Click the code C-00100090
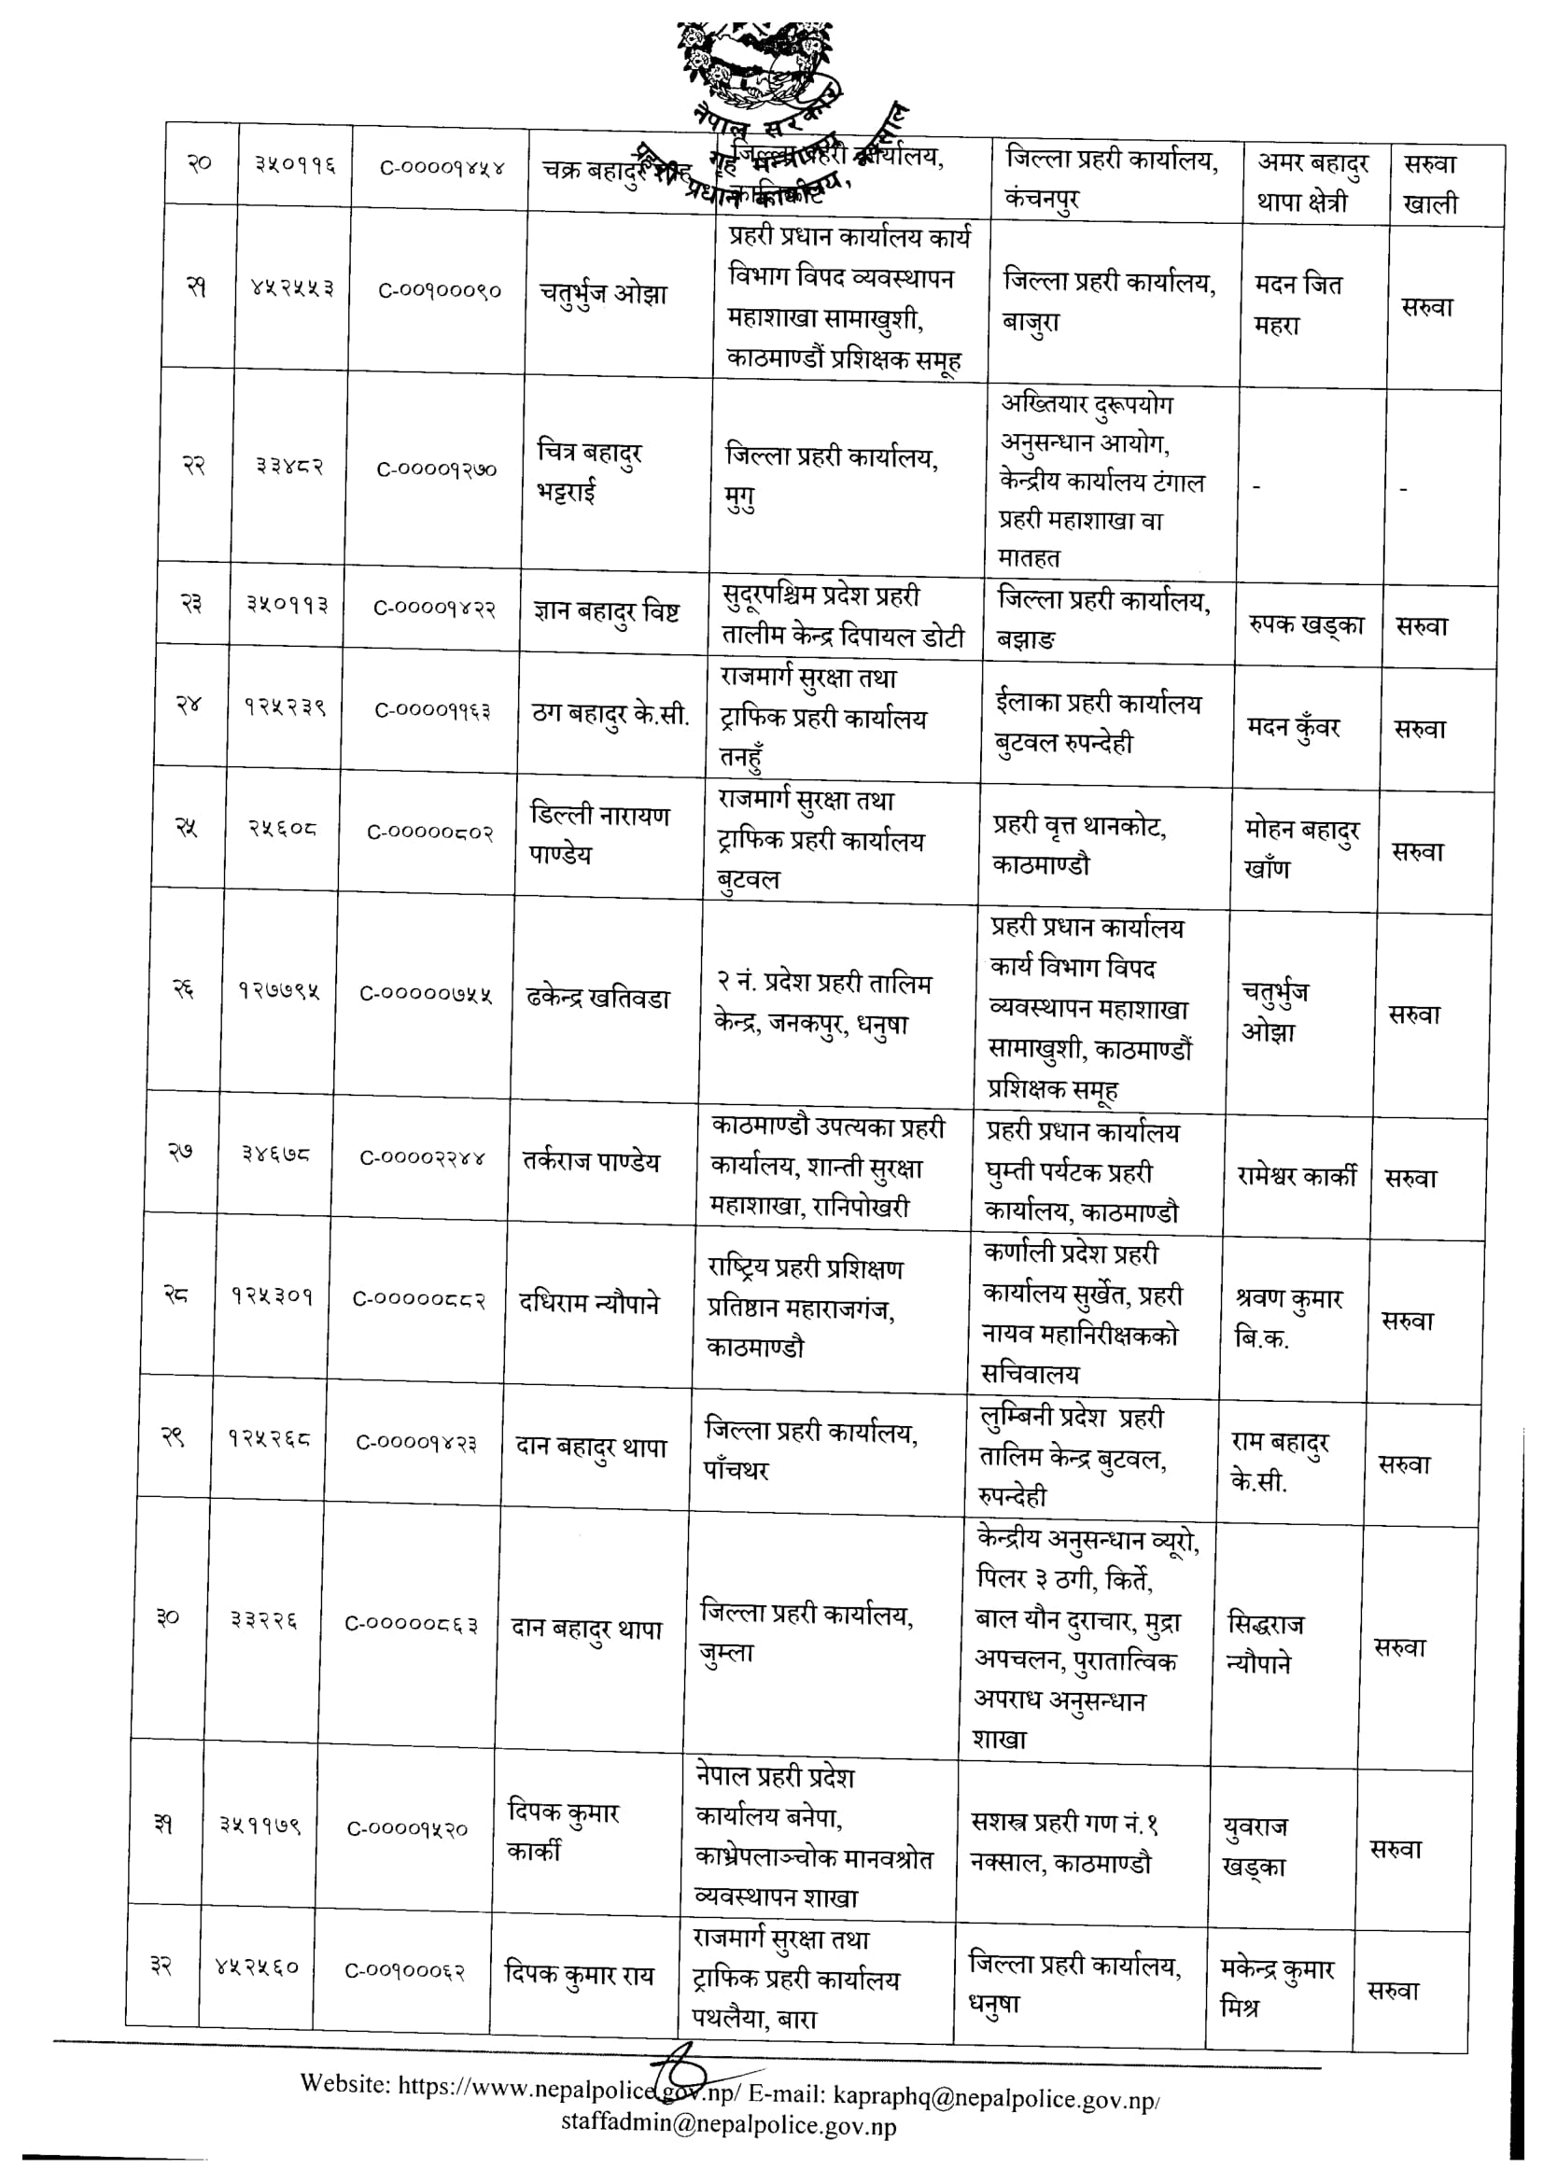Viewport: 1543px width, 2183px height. pyautogui.click(x=440, y=291)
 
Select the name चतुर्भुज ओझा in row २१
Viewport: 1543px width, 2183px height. pyautogui.click(x=604, y=293)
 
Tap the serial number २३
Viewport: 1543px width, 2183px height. pyautogui.click(x=191, y=604)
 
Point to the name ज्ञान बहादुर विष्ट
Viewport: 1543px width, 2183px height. pyautogui.click(x=607, y=610)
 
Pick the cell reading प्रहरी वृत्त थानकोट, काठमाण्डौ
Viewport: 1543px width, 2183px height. pyautogui.click(x=1079, y=845)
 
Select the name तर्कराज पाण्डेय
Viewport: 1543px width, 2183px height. pyautogui.click(x=590, y=1161)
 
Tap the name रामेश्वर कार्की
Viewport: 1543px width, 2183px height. pyautogui.click(x=1297, y=1176)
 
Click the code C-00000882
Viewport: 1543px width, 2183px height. pyautogui.click(x=418, y=1300)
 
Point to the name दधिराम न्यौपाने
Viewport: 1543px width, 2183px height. pyautogui.click(x=588, y=1303)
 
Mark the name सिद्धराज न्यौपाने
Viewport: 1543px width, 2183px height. pyautogui.click(x=1266, y=1642)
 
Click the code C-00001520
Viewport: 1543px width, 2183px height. pyautogui.click(x=407, y=1828)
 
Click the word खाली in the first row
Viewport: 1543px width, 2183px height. pyautogui.click(x=1430, y=203)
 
